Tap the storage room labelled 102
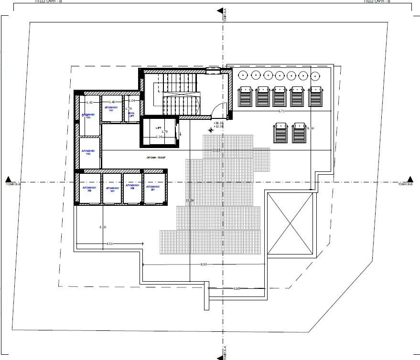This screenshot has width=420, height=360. pyautogui.click(x=89, y=152)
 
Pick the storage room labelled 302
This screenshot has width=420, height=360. pyautogui.click(x=89, y=190)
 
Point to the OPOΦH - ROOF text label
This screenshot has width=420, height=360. pyautogui.click(x=158, y=157)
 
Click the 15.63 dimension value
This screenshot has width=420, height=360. pyautogui.click(x=216, y=150)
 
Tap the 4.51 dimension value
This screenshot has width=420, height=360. pyautogui.click(x=109, y=244)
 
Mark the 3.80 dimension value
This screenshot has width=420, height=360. pyautogui.click(x=236, y=288)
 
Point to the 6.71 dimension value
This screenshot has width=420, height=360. pyautogui.click(x=282, y=111)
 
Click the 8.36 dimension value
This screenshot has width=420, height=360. pyautogui.click(x=311, y=128)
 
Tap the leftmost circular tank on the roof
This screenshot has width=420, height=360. pyautogui.click(x=243, y=75)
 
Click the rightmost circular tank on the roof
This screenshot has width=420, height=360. pyautogui.click(x=315, y=75)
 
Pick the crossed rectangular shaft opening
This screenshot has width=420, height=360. pyautogui.click(x=291, y=223)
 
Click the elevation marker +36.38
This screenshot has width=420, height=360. pyautogui.click(x=219, y=123)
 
